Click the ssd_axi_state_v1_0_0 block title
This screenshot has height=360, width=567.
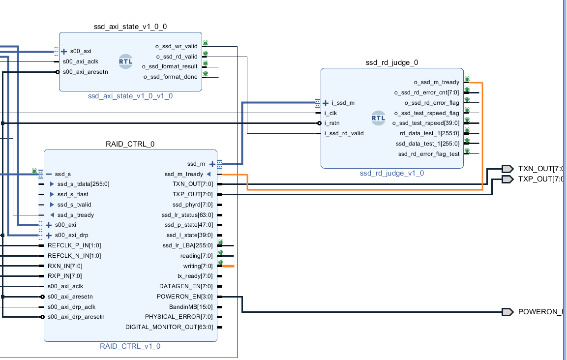[130, 26]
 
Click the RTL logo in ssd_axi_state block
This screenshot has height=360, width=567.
[125, 61]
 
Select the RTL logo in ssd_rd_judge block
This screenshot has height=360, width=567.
[379, 118]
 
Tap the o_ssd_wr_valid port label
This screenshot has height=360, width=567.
[177, 46]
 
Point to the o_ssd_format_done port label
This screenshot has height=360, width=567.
[171, 77]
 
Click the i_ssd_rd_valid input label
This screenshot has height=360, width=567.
[344, 133]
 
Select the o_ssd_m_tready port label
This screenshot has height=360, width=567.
[436, 82]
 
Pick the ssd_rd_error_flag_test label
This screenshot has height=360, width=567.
[428, 154]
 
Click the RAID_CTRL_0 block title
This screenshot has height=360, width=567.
[130, 144]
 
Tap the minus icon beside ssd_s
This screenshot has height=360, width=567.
[49, 174]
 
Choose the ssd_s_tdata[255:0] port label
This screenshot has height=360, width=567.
[83, 184]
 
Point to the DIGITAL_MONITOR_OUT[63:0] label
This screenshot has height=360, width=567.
[170, 327]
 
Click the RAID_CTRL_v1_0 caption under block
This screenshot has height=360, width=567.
[130, 346]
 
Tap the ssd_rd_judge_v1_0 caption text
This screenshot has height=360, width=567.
[391, 173]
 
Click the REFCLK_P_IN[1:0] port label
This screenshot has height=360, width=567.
[74, 245]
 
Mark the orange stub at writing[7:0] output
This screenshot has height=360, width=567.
[229, 266]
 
